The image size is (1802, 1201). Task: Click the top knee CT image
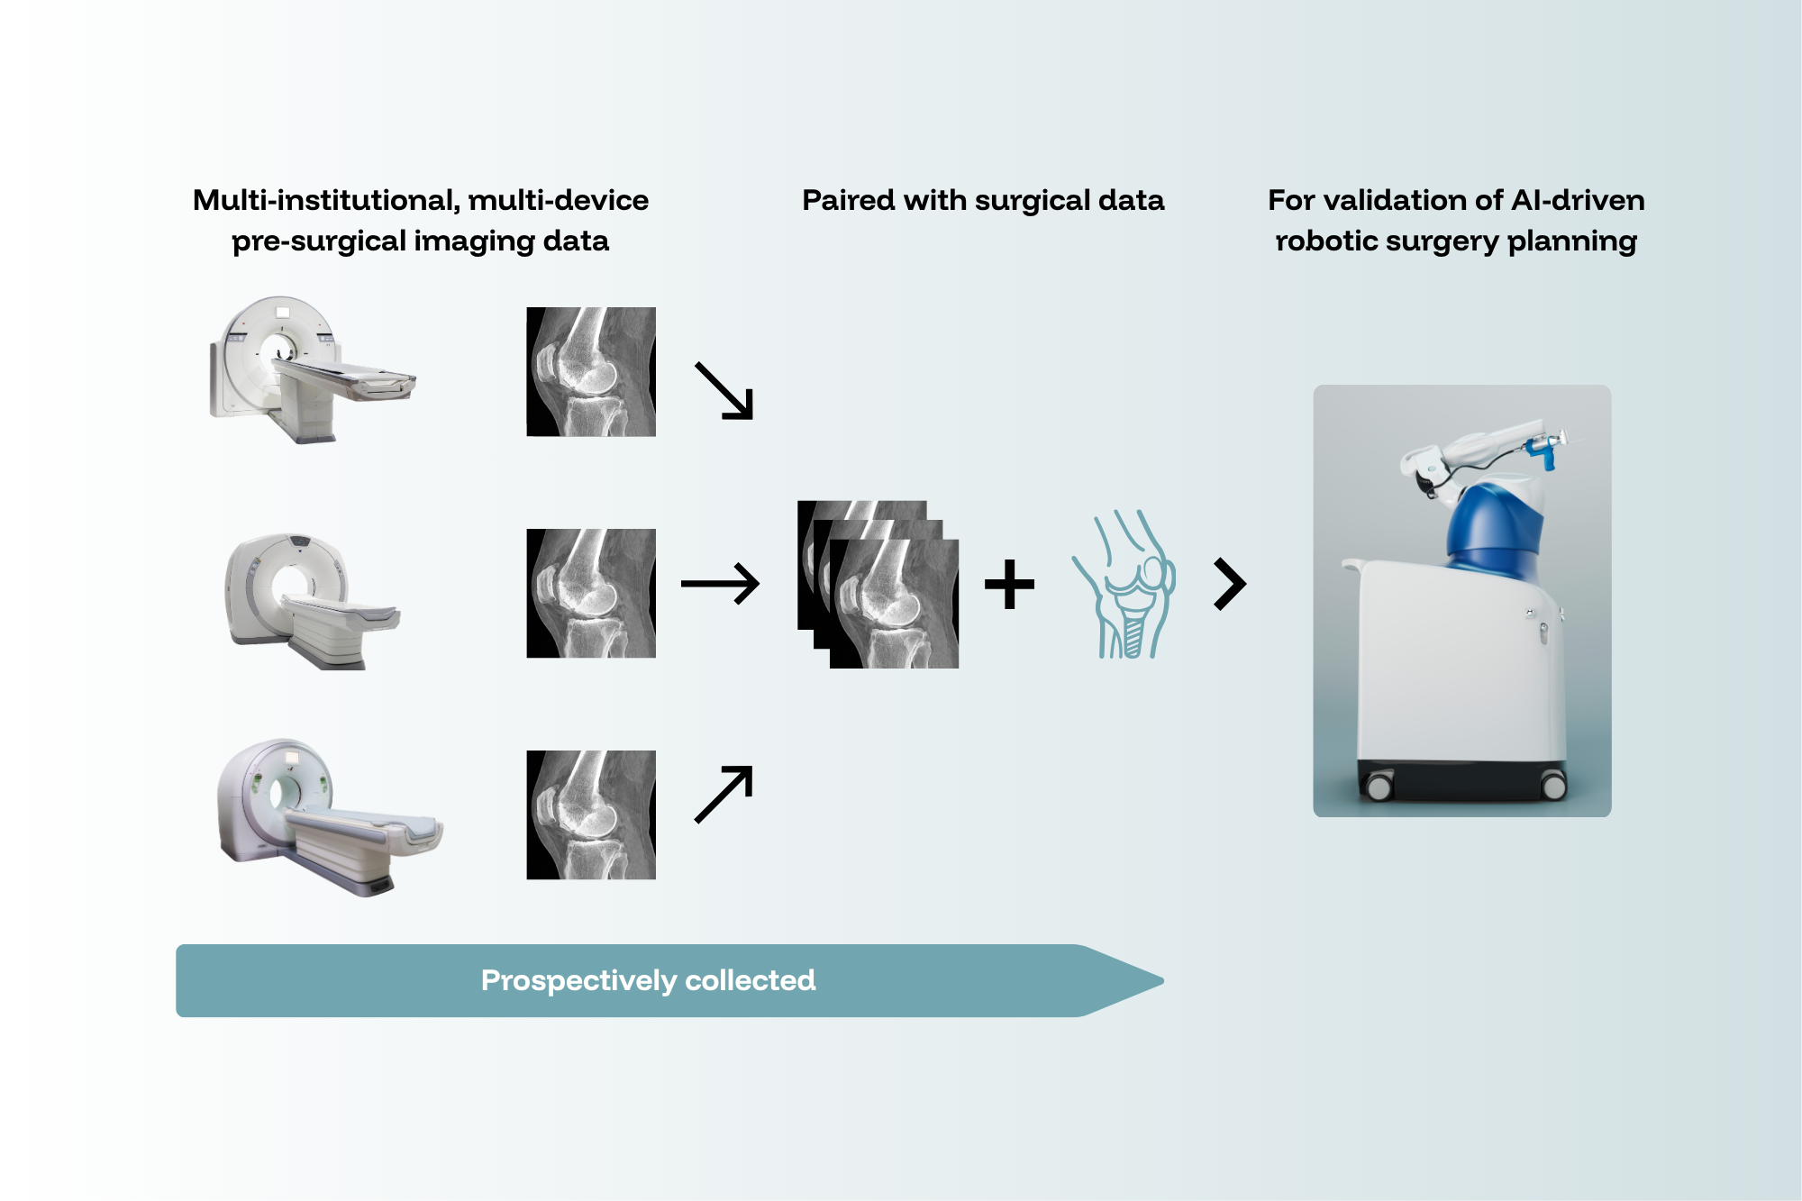click(x=591, y=372)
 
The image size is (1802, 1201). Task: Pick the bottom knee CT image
click(x=591, y=815)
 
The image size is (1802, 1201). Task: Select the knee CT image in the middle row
click(x=591, y=594)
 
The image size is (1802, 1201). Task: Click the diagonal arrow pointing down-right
click(x=724, y=391)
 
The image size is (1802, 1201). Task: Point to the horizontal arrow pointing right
click(x=720, y=584)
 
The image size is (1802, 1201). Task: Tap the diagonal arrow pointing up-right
click(x=724, y=794)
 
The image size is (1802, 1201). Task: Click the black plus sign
click(x=1009, y=584)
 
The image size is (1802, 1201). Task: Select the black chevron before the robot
click(x=1230, y=584)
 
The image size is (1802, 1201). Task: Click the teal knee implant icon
click(x=1124, y=584)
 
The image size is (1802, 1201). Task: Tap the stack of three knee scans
click(x=878, y=585)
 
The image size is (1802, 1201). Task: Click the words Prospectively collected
click(x=649, y=980)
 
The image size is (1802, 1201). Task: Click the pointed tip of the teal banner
click(x=1164, y=980)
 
